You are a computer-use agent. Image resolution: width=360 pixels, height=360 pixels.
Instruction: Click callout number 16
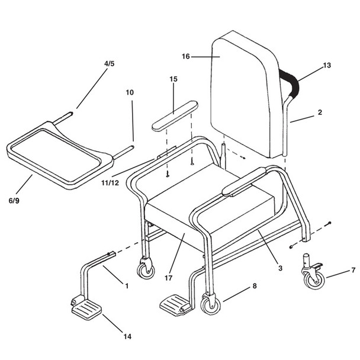(x=185, y=57)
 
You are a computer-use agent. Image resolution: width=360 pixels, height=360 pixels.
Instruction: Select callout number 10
(x=130, y=92)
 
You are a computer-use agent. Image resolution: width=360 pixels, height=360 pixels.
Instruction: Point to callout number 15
(x=173, y=79)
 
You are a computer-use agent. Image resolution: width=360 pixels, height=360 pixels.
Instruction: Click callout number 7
(x=353, y=271)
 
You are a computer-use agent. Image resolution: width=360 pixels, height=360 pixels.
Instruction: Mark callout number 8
(x=255, y=287)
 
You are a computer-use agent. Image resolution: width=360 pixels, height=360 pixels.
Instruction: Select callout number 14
(x=127, y=337)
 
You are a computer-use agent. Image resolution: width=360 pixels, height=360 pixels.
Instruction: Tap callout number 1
(x=126, y=286)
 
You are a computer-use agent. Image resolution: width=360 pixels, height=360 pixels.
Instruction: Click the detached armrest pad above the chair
(x=174, y=115)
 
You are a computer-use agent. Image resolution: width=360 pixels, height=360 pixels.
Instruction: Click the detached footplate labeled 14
(x=86, y=308)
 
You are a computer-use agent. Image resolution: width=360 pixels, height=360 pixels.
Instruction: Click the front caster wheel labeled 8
(x=208, y=304)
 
